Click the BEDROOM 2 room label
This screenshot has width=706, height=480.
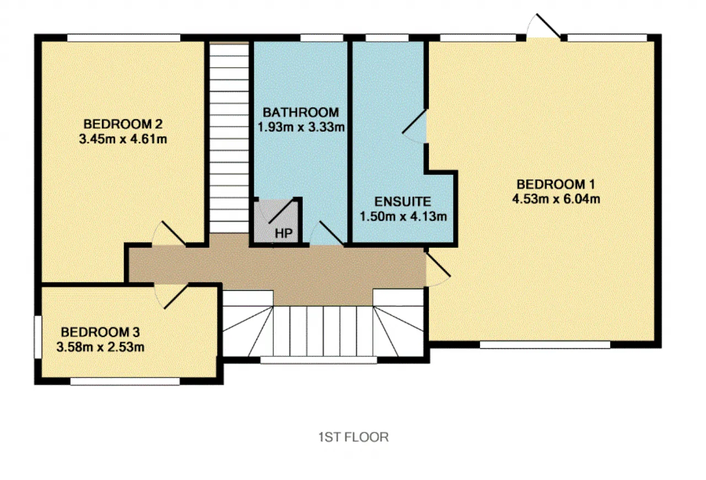123,124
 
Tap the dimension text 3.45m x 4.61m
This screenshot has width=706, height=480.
123,139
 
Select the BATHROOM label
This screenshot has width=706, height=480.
301,112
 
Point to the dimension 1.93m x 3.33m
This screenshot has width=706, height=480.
301,127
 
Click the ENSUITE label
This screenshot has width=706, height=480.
403,201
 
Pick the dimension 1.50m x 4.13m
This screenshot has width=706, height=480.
403,216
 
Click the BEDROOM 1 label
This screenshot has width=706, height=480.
555,184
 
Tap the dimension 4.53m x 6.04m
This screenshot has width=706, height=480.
556,199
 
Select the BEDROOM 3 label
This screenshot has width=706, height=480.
100,332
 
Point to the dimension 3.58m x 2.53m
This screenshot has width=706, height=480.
100,347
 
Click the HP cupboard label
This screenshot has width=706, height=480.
284,233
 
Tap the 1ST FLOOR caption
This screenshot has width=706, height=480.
354,437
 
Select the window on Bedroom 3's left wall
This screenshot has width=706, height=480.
38,337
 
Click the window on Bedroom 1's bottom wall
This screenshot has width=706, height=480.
545,345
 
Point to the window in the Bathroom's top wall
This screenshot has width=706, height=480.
322,38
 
